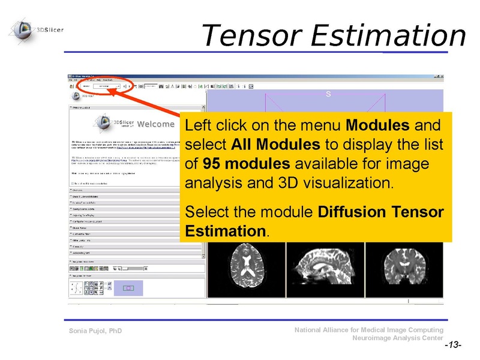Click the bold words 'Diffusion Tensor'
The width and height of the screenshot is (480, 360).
pyautogui.click(x=380, y=212)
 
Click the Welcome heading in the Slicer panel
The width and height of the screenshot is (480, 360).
pyautogui.click(x=155, y=125)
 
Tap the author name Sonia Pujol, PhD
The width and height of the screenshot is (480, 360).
pyautogui.click(x=96, y=331)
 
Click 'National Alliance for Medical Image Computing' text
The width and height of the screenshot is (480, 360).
pyautogui.click(x=369, y=330)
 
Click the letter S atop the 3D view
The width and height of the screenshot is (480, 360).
pyautogui.click(x=328, y=94)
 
